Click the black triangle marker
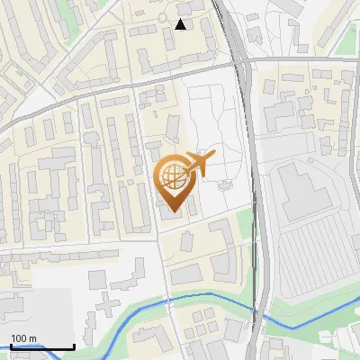[181, 24]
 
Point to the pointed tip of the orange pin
[175, 212]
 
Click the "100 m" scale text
[23, 338]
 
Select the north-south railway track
[255, 180]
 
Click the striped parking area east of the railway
[315, 261]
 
